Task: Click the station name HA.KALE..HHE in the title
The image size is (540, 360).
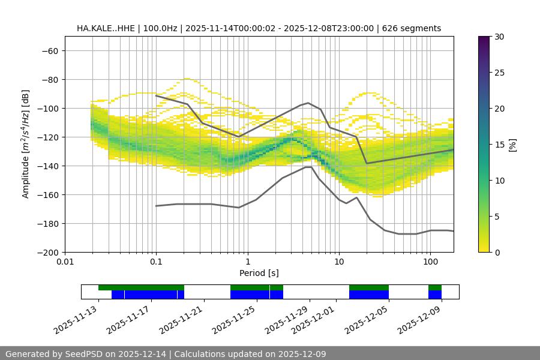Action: [106, 28]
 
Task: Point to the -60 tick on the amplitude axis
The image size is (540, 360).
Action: [49, 50]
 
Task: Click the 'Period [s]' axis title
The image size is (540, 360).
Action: [259, 273]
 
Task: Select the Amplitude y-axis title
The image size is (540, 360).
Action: [26, 144]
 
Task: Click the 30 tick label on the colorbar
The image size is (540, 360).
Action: [499, 37]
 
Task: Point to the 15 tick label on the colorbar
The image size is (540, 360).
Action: [499, 145]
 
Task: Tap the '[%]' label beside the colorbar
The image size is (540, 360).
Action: [512, 145]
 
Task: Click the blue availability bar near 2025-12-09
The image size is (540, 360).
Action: [435, 295]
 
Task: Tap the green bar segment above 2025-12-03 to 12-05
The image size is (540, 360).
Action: [369, 287]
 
